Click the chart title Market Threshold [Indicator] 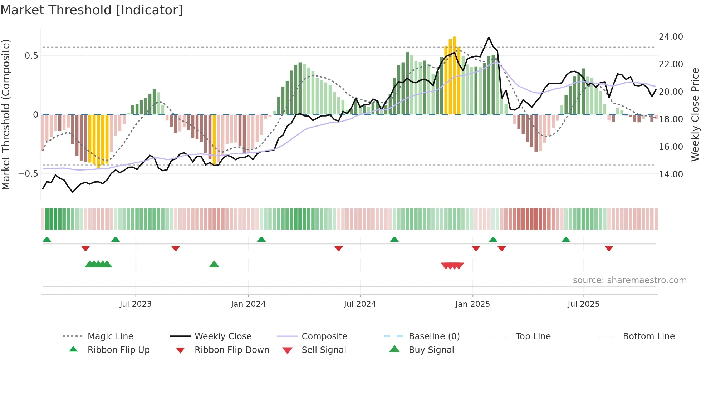pos(92,10)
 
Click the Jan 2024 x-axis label pos(248,304)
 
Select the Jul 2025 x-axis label pos(583,304)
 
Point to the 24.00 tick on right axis pos(671,37)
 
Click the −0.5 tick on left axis pos(28,174)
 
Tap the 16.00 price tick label pos(671,147)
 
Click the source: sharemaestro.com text pos(629,280)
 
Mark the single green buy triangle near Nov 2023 pos(214,264)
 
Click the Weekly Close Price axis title pos(695,114)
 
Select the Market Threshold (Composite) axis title pos(6,114)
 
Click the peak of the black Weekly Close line pos(489,38)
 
